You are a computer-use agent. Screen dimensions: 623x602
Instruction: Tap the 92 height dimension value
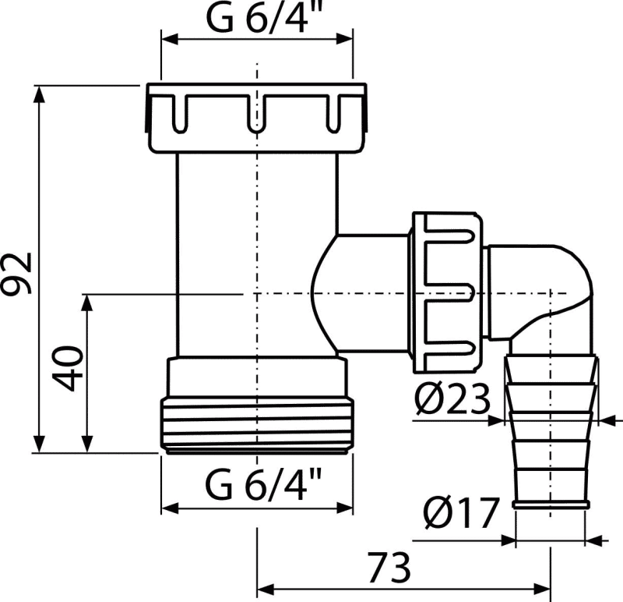[16, 273]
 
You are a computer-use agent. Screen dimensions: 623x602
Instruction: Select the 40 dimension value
[68, 368]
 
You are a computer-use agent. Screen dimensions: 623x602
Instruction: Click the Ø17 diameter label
[461, 513]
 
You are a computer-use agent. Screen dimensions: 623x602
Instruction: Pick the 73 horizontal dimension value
[389, 568]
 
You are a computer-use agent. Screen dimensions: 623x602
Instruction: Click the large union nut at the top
[256, 118]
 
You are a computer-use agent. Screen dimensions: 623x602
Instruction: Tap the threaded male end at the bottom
[257, 425]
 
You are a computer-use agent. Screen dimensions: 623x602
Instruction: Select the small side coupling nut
[447, 293]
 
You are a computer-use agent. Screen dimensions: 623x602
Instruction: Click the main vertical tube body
[257, 255]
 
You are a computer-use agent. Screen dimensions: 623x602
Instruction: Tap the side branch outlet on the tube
[361, 293]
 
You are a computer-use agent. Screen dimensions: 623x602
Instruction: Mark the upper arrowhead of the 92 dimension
[38, 94]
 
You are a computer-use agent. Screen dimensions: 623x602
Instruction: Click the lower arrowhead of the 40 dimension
[87, 444]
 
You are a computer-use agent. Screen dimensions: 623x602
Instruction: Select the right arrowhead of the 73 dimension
[542, 589]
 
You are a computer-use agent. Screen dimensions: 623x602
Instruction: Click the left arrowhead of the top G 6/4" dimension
[170, 39]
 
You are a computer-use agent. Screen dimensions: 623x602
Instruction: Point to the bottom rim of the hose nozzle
[551, 505]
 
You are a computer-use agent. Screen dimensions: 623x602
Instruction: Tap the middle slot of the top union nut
[256, 113]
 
